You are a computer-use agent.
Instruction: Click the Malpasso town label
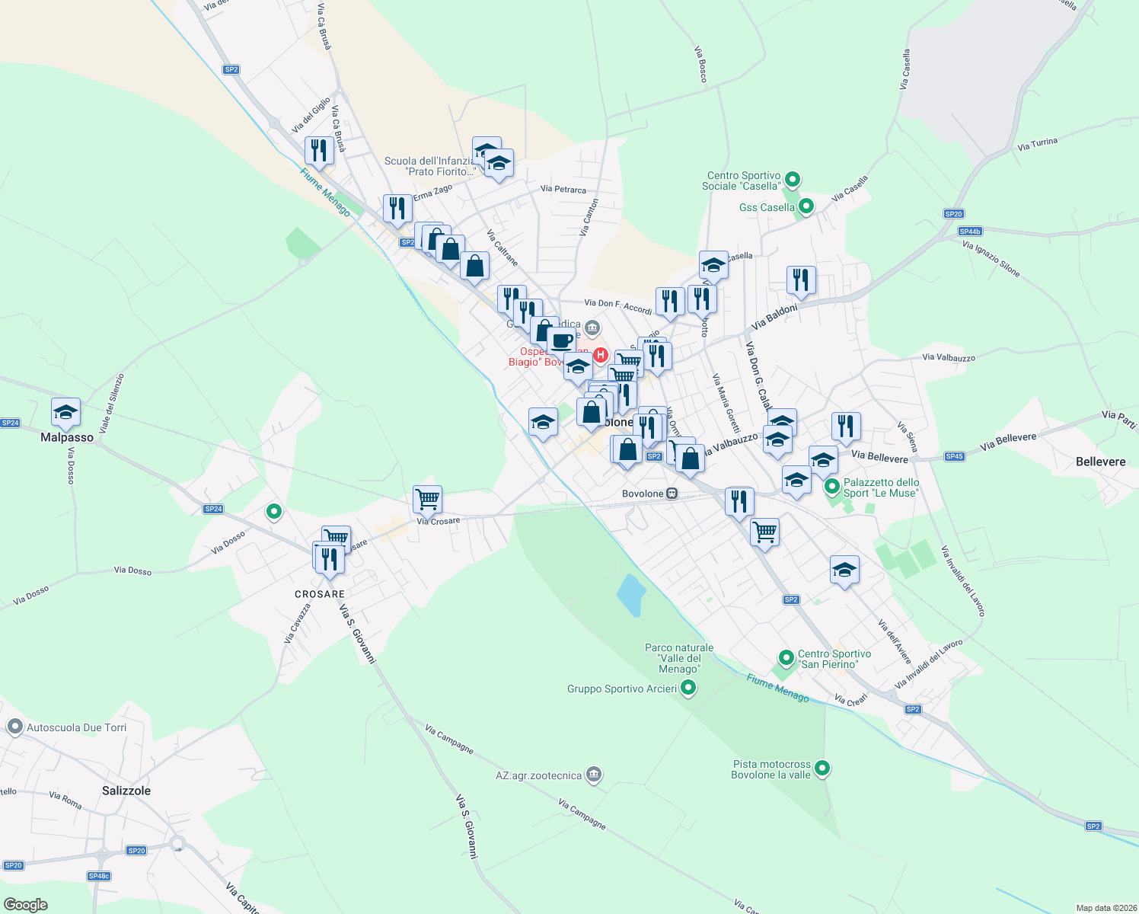pyautogui.click(x=67, y=437)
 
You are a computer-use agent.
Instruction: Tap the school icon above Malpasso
pyautogui.click(x=65, y=412)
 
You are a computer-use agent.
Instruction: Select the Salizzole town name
pyautogui.click(x=126, y=791)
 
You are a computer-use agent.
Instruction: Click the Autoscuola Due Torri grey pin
pyautogui.click(x=14, y=727)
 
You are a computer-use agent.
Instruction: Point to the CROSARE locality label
pyautogui.click(x=320, y=594)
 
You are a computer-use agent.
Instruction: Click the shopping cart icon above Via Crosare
pyautogui.click(x=427, y=500)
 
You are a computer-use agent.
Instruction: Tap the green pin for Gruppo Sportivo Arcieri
pyautogui.click(x=689, y=688)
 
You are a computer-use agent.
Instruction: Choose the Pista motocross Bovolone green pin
pyautogui.click(x=822, y=768)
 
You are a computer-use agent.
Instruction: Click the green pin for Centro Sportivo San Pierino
pyautogui.click(x=786, y=657)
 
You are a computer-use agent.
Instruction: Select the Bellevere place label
pyautogui.click(x=1101, y=462)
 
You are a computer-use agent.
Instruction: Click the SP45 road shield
pyautogui.click(x=954, y=456)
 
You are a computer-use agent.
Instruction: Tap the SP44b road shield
pyautogui.click(x=970, y=232)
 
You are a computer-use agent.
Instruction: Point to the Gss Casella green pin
pyautogui.click(x=806, y=206)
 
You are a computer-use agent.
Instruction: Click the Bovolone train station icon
pyautogui.click(x=672, y=494)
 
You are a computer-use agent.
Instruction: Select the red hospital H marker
pyautogui.click(x=601, y=354)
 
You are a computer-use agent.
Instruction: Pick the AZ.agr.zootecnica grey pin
pyautogui.click(x=595, y=775)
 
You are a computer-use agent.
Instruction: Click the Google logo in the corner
pyautogui.click(x=25, y=904)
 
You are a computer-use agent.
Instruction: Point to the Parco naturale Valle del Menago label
pyautogui.click(x=679, y=658)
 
